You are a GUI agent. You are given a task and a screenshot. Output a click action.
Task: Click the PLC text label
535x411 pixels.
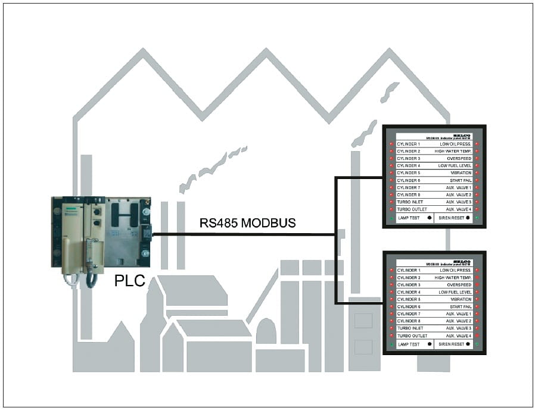tap(129, 280)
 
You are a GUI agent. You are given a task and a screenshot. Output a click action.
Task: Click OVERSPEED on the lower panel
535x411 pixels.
tap(459, 285)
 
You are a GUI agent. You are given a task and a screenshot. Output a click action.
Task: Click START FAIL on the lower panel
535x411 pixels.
tap(461, 306)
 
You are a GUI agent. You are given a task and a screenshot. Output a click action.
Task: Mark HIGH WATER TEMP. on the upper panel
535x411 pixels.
tap(453, 151)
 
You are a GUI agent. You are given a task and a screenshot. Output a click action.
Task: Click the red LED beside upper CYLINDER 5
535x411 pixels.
tap(391, 173)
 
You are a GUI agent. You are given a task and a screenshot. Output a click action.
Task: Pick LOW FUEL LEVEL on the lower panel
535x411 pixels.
tap(455, 292)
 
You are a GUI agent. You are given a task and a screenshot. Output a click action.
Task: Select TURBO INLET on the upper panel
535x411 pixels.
tap(410, 202)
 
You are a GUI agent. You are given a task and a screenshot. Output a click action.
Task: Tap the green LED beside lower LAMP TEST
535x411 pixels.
tap(391, 344)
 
